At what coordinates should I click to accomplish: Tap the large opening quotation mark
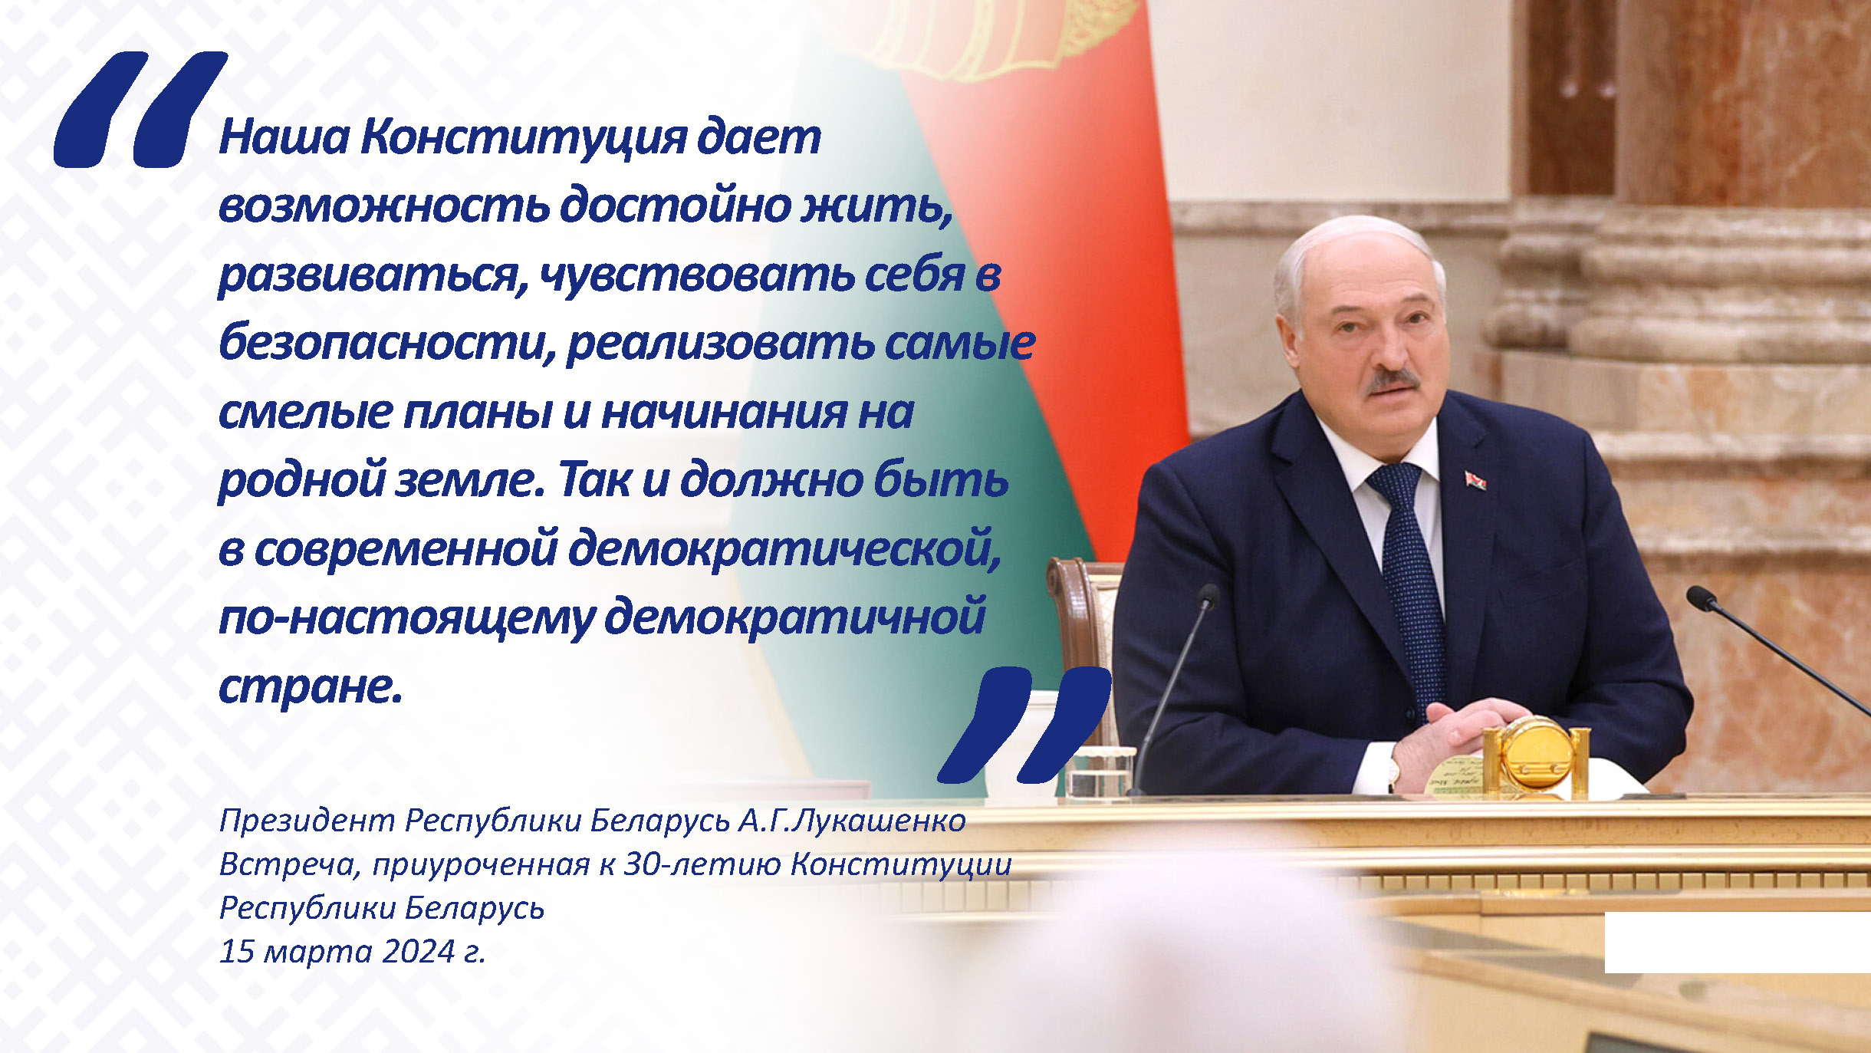coord(140,109)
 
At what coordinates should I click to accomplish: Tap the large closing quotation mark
coord(1024,725)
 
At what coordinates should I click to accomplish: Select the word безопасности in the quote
coord(387,343)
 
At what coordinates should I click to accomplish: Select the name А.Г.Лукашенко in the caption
coord(852,821)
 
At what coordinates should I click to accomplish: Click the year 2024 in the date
coord(419,952)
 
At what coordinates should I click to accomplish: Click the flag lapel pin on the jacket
coord(1475,480)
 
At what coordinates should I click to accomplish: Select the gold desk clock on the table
coord(1536,755)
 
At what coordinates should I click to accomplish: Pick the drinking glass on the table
coord(1100,771)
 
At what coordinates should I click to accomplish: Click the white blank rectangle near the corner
coord(1738,943)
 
